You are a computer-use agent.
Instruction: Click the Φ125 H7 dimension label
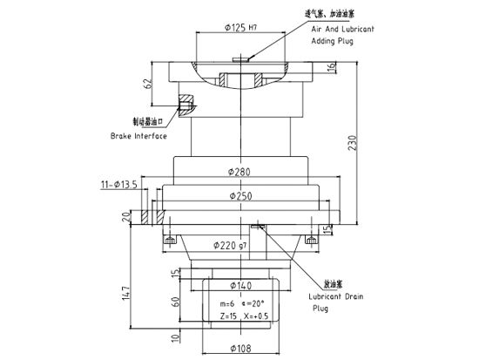pos(240,28)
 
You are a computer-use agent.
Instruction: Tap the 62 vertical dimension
pos(149,84)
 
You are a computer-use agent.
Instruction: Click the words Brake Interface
pos(138,136)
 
